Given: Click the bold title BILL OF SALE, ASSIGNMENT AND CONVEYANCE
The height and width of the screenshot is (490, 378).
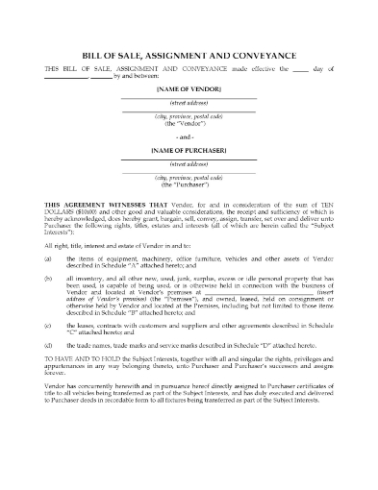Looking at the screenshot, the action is click(x=189, y=56).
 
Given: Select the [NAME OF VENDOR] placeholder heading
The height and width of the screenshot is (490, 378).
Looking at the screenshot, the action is click(x=189, y=87).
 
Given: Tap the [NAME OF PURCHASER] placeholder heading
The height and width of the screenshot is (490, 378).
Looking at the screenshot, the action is click(x=189, y=150).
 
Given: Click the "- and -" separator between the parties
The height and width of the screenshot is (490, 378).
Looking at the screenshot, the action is click(x=189, y=137).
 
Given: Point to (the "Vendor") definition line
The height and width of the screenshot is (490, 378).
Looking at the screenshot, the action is click(x=189, y=125).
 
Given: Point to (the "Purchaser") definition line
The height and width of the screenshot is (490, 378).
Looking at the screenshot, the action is click(x=189, y=186).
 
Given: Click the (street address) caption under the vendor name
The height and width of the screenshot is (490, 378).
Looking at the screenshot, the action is click(x=189, y=102).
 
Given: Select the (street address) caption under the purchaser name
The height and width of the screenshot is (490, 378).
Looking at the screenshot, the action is click(x=189, y=164).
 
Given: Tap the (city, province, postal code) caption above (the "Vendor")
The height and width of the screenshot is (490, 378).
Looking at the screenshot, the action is click(x=189, y=117).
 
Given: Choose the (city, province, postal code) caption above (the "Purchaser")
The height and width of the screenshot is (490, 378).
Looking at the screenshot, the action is click(x=189, y=180).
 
